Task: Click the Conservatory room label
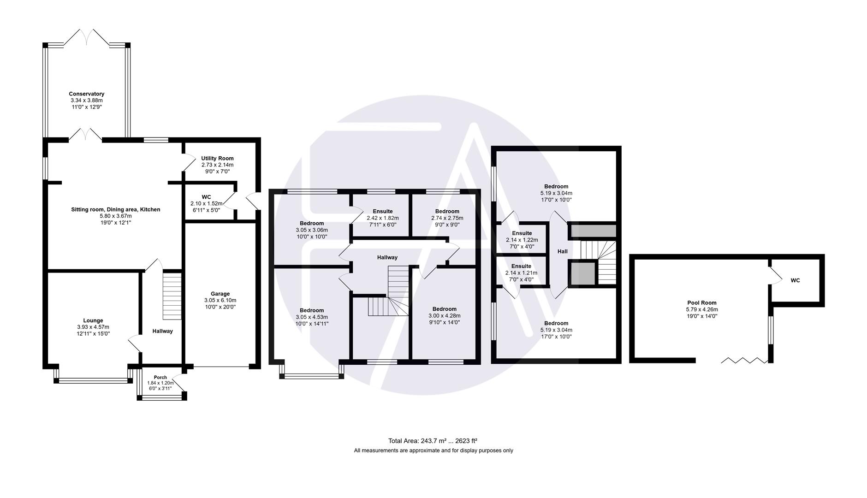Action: point(87,94)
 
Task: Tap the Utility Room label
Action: point(217,158)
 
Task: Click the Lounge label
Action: point(93,320)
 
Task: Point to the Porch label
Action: point(160,377)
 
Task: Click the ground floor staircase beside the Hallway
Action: point(172,296)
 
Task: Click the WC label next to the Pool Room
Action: point(795,280)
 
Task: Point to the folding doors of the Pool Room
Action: point(744,360)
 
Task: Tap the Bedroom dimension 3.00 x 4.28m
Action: point(445,316)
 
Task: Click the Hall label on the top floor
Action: point(562,251)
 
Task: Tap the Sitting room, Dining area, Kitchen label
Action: point(115,209)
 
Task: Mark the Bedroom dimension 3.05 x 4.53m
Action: point(312,317)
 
